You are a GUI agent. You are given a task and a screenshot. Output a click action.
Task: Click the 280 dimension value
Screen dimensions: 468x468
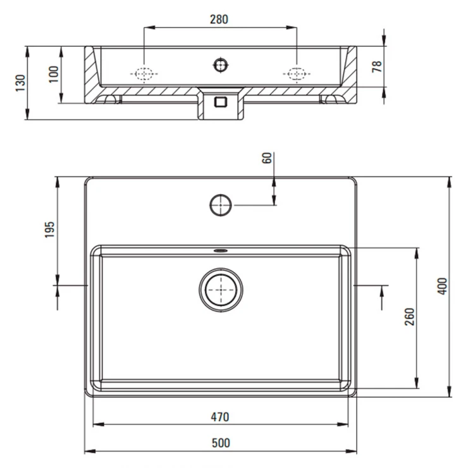coord(219,20)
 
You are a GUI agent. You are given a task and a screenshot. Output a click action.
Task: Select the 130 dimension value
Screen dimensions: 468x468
coord(21,83)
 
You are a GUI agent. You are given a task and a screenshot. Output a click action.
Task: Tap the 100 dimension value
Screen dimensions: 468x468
coord(54,75)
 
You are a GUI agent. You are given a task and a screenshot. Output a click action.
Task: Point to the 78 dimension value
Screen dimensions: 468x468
coord(377,66)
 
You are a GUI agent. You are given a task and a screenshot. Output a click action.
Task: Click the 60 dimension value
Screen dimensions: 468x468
coord(267,158)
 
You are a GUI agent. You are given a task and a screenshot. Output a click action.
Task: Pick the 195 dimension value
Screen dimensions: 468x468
coord(50,229)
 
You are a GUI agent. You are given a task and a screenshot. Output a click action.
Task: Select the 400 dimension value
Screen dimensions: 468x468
coord(442,286)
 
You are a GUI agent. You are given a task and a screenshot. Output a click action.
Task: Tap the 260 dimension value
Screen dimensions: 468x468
coord(410,316)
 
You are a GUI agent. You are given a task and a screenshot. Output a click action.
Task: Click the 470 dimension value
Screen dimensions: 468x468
coord(220,417)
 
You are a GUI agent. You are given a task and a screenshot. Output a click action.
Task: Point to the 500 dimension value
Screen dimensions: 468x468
coord(221,443)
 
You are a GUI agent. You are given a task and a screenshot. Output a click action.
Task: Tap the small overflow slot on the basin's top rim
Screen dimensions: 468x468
coord(221,250)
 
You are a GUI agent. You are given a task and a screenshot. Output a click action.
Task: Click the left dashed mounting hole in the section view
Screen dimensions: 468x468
coord(144,73)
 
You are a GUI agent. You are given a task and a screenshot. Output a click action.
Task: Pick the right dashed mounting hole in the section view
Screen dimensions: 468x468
coord(297,73)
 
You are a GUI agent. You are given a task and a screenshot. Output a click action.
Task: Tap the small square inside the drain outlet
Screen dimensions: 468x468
coord(221,102)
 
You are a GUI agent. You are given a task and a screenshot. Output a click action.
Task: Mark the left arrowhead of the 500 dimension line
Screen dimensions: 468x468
coord(90,451)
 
